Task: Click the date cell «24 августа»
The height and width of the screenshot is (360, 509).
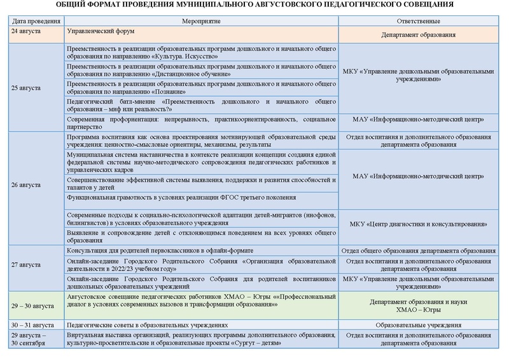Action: (26, 31)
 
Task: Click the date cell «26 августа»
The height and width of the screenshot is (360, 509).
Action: (26, 185)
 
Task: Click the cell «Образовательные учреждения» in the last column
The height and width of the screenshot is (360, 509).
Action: (423, 324)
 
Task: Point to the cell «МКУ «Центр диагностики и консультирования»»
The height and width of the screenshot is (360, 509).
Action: (423, 225)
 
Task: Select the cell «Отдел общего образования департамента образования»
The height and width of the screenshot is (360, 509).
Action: (423, 251)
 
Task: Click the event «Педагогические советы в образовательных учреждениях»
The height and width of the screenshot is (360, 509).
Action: (147, 324)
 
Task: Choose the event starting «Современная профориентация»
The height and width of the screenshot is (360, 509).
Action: (201, 122)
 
